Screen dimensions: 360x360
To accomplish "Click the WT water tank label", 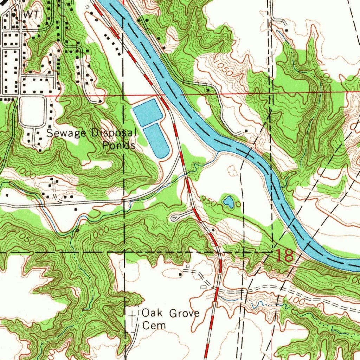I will click(x=31, y=14).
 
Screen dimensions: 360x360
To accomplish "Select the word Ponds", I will click(x=119, y=146).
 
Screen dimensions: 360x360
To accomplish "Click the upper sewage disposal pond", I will click(x=147, y=112).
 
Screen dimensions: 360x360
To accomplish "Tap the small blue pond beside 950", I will click(x=228, y=201).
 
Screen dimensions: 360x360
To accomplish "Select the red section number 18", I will click(x=284, y=256).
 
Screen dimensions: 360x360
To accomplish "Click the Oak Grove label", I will click(x=170, y=313).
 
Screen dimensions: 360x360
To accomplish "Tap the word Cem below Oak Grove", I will click(x=154, y=326).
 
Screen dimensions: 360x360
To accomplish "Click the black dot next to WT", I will click(x=14, y=15).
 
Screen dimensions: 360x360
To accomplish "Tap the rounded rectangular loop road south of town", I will click(x=33, y=112).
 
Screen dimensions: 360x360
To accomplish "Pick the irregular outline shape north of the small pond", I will click(x=232, y=171).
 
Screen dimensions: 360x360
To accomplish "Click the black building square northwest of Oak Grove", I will click(x=180, y=274).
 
